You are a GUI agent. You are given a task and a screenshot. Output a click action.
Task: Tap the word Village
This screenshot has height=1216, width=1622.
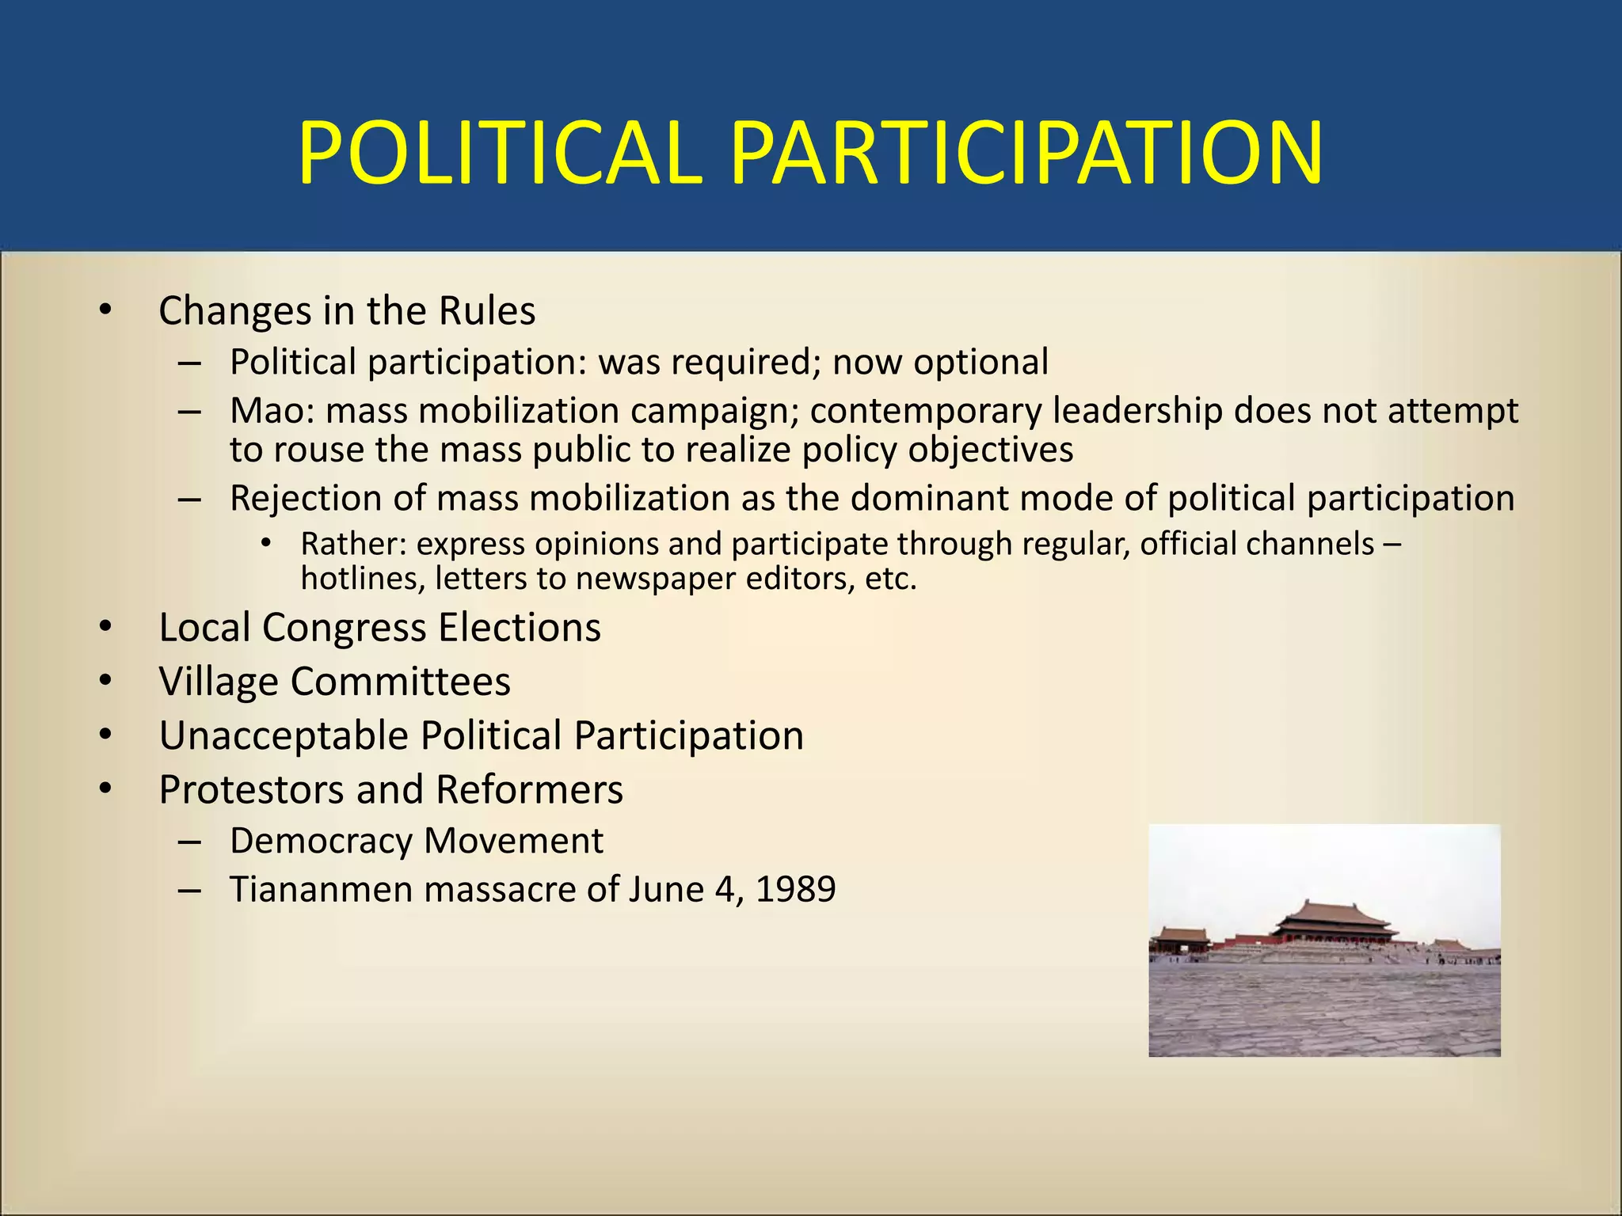point(219,682)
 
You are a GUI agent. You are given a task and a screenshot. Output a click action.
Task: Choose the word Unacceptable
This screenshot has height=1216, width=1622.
point(284,735)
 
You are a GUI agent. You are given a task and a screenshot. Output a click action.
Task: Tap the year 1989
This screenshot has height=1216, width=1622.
point(795,890)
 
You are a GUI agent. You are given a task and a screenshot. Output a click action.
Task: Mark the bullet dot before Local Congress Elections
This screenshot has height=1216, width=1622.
point(105,628)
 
